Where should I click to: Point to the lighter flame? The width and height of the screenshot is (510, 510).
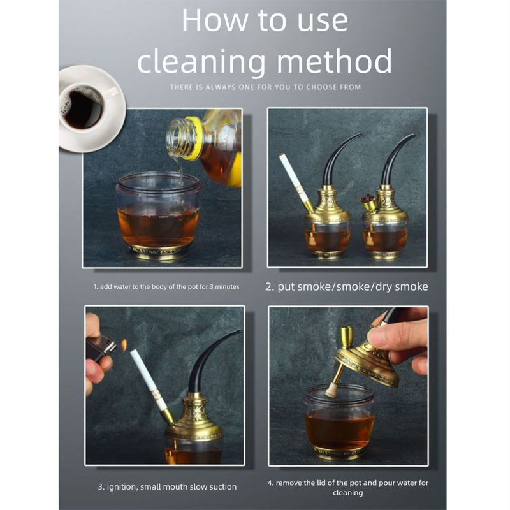(124, 345)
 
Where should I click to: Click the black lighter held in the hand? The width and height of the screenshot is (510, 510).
(101, 348)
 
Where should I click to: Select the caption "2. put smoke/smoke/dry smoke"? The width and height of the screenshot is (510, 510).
(347, 286)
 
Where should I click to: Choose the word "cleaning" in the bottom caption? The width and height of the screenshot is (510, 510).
(347, 493)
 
